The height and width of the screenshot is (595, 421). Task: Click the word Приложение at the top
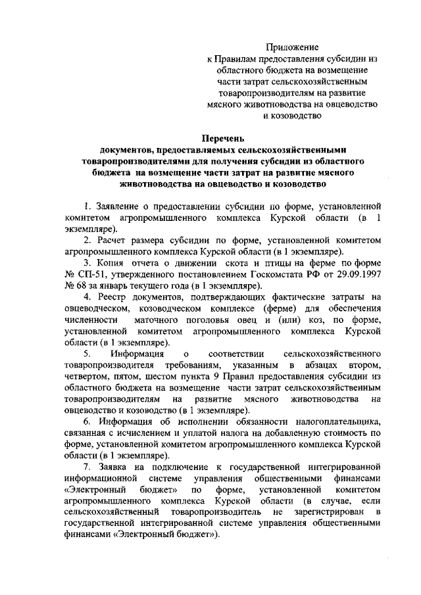point(291,47)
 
